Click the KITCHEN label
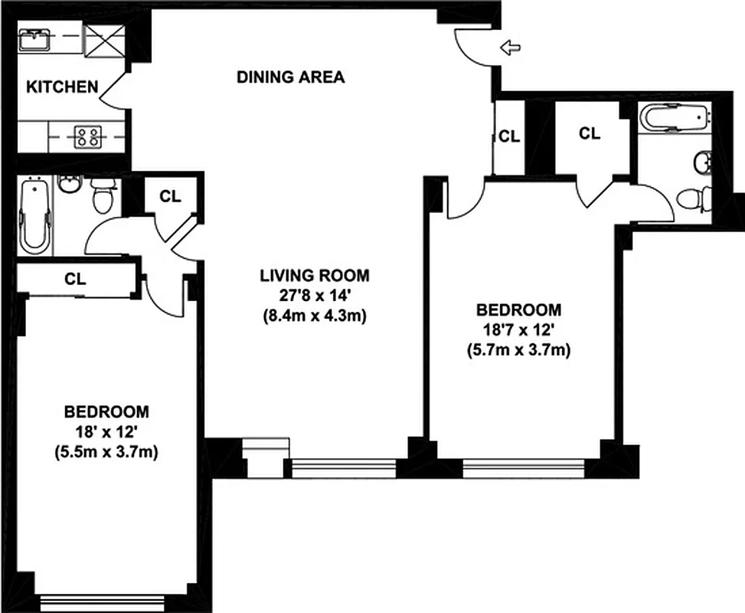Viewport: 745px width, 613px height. tap(63, 87)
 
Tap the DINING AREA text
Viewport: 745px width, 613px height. tap(290, 77)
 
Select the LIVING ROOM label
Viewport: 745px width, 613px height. tap(314, 275)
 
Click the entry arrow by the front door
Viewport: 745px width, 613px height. tap(509, 49)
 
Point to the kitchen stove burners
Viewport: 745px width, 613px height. tap(86, 137)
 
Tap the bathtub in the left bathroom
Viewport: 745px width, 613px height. tap(34, 215)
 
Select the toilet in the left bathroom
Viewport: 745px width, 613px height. tap(103, 197)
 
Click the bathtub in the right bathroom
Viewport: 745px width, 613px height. tap(674, 118)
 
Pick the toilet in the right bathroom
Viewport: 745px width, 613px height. tap(693, 200)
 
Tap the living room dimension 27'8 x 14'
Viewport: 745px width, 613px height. tap(314, 295)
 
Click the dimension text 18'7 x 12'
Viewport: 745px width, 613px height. tap(518, 330)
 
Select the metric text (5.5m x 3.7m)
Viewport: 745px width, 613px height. tap(106, 451)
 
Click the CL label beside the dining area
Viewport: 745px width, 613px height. tap(509, 137)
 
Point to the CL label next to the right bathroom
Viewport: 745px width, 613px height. tap(589, 133)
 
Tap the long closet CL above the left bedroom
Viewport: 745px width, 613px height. tap(75, 280)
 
